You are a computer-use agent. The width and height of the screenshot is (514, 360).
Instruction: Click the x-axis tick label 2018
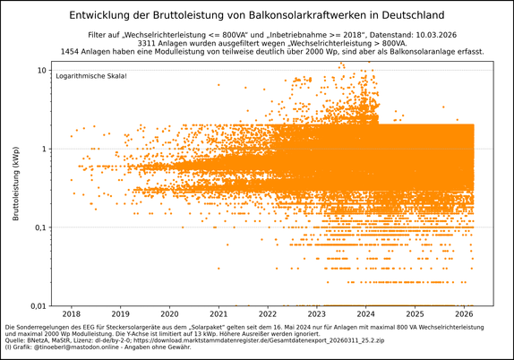click(71, 314)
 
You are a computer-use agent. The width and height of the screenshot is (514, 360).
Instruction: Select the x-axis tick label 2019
click(120, 314)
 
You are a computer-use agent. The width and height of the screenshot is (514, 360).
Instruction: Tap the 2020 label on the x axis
click(169, 314)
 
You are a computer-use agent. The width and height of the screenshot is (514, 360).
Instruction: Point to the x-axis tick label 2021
click(218, 314)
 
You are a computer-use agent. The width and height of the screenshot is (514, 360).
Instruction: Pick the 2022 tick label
click(268, 314)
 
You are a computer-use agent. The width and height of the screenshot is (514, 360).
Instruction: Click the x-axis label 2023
click(317, 314)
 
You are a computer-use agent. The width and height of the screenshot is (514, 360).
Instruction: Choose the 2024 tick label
click(366, 314)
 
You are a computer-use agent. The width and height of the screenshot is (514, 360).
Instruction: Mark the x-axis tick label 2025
click(415, 314)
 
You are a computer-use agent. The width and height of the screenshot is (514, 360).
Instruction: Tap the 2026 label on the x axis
click(465, 314)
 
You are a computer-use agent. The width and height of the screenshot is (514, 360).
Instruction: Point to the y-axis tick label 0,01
click(36, 305)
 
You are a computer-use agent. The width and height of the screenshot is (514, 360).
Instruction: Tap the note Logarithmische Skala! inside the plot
click(92, 78)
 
